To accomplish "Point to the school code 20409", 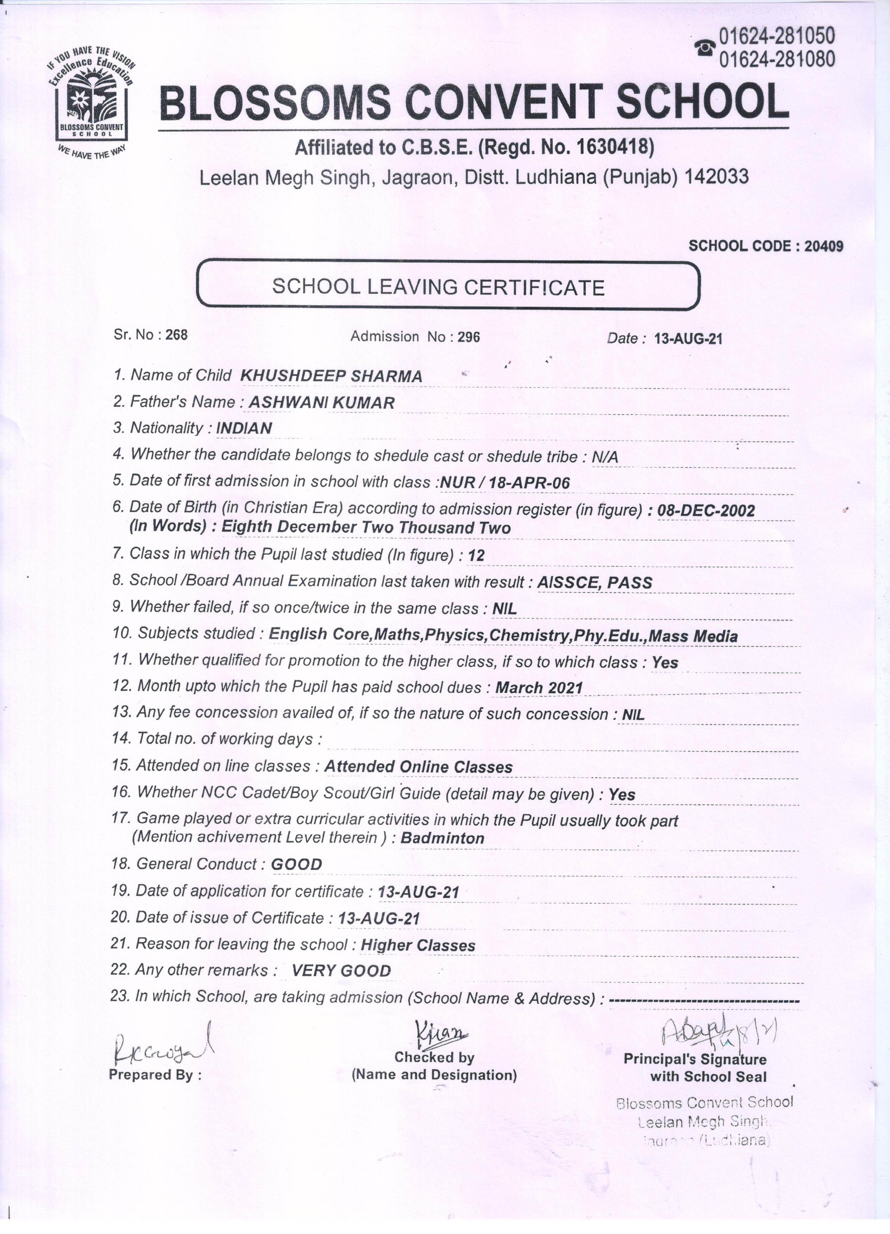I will pyautogui.click(x=823, y=246).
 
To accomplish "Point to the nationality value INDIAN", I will pyautogui.click(x=244, y=429).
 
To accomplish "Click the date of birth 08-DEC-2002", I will pyautogui.click(x=706, y=510).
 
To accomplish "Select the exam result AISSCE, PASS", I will pyautogui.click(x=594, y=583).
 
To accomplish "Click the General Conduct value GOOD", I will pyautogui.click(x=296, y=865).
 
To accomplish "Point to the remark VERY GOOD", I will pyautogui.click(x=341, y=971).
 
